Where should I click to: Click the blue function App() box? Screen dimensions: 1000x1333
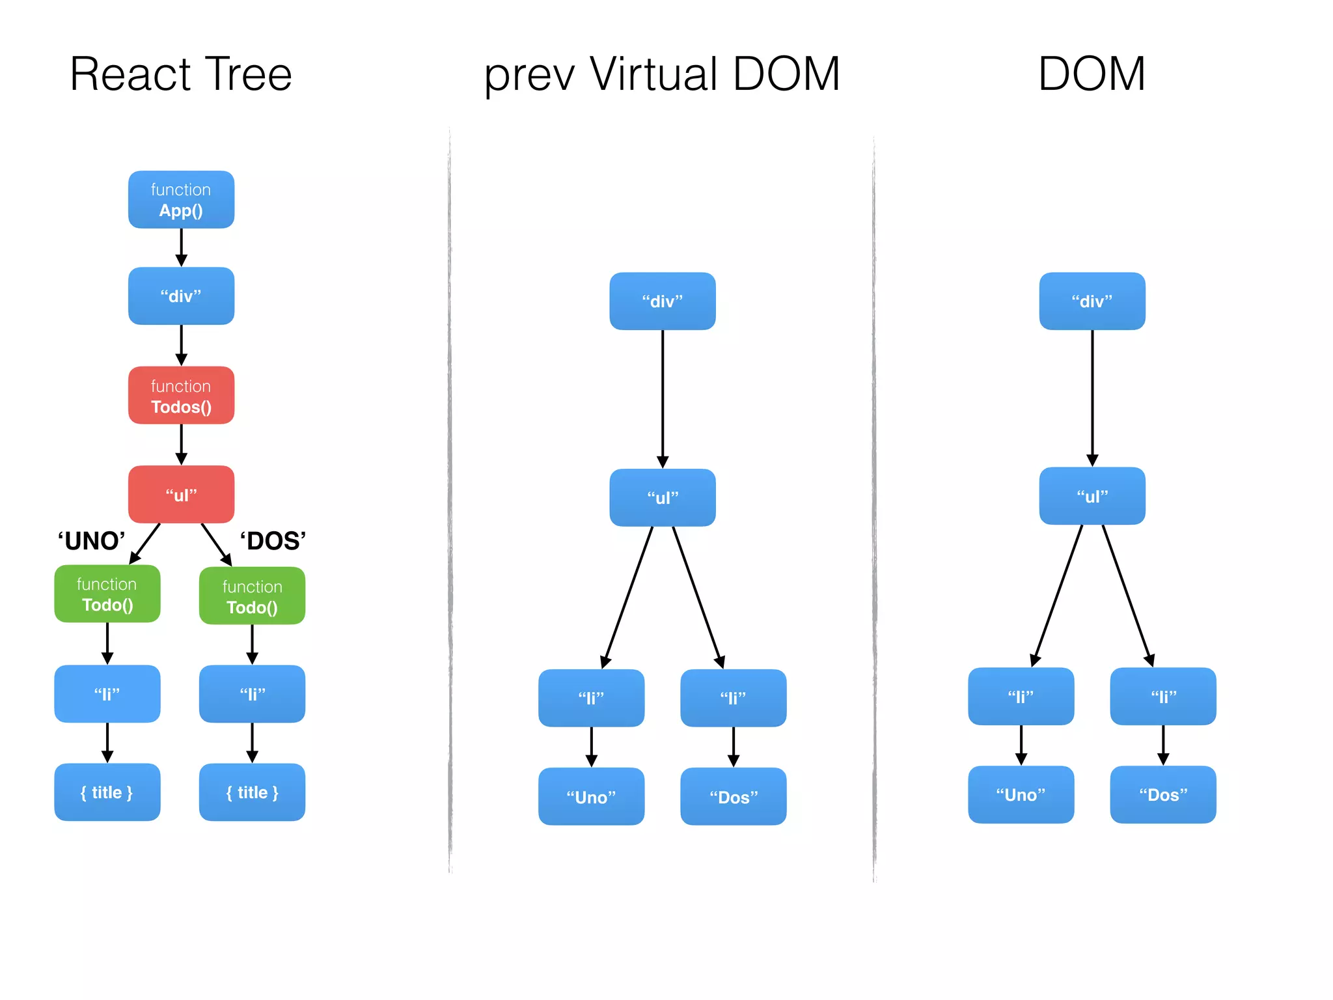181,199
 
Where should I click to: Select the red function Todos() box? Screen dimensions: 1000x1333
181,395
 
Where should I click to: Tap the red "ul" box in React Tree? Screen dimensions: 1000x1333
181,494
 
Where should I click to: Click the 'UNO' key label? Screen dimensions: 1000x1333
91,541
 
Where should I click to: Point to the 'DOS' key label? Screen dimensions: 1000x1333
273,541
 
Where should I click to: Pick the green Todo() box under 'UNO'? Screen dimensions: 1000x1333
107,594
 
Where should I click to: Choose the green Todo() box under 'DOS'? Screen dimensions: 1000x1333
252,596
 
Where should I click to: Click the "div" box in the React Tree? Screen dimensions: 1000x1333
181,296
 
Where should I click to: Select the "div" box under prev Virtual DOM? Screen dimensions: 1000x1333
662,301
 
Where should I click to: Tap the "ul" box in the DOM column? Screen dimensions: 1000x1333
1092,495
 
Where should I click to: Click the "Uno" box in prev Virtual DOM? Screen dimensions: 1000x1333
591,796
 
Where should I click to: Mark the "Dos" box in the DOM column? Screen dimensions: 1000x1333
1162,794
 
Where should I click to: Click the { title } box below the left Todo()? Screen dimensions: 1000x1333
107,792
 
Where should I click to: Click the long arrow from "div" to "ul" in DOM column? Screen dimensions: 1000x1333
1092,397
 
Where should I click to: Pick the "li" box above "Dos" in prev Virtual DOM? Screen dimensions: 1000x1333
733,698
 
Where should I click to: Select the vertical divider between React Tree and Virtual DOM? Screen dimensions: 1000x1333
450,501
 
